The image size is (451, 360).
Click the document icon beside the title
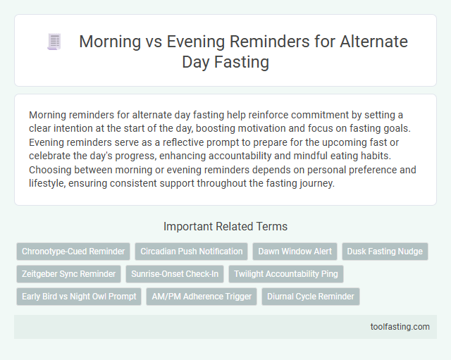[x=53, y=42]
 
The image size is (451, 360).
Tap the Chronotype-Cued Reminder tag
[x=73, y=252]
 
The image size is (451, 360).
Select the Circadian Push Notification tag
[x=190, y=252]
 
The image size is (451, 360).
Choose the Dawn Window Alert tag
[x=295, y=252]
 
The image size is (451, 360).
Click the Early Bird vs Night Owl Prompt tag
[x=79, y=297]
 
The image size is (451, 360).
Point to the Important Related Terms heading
[x=225, y=226]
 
